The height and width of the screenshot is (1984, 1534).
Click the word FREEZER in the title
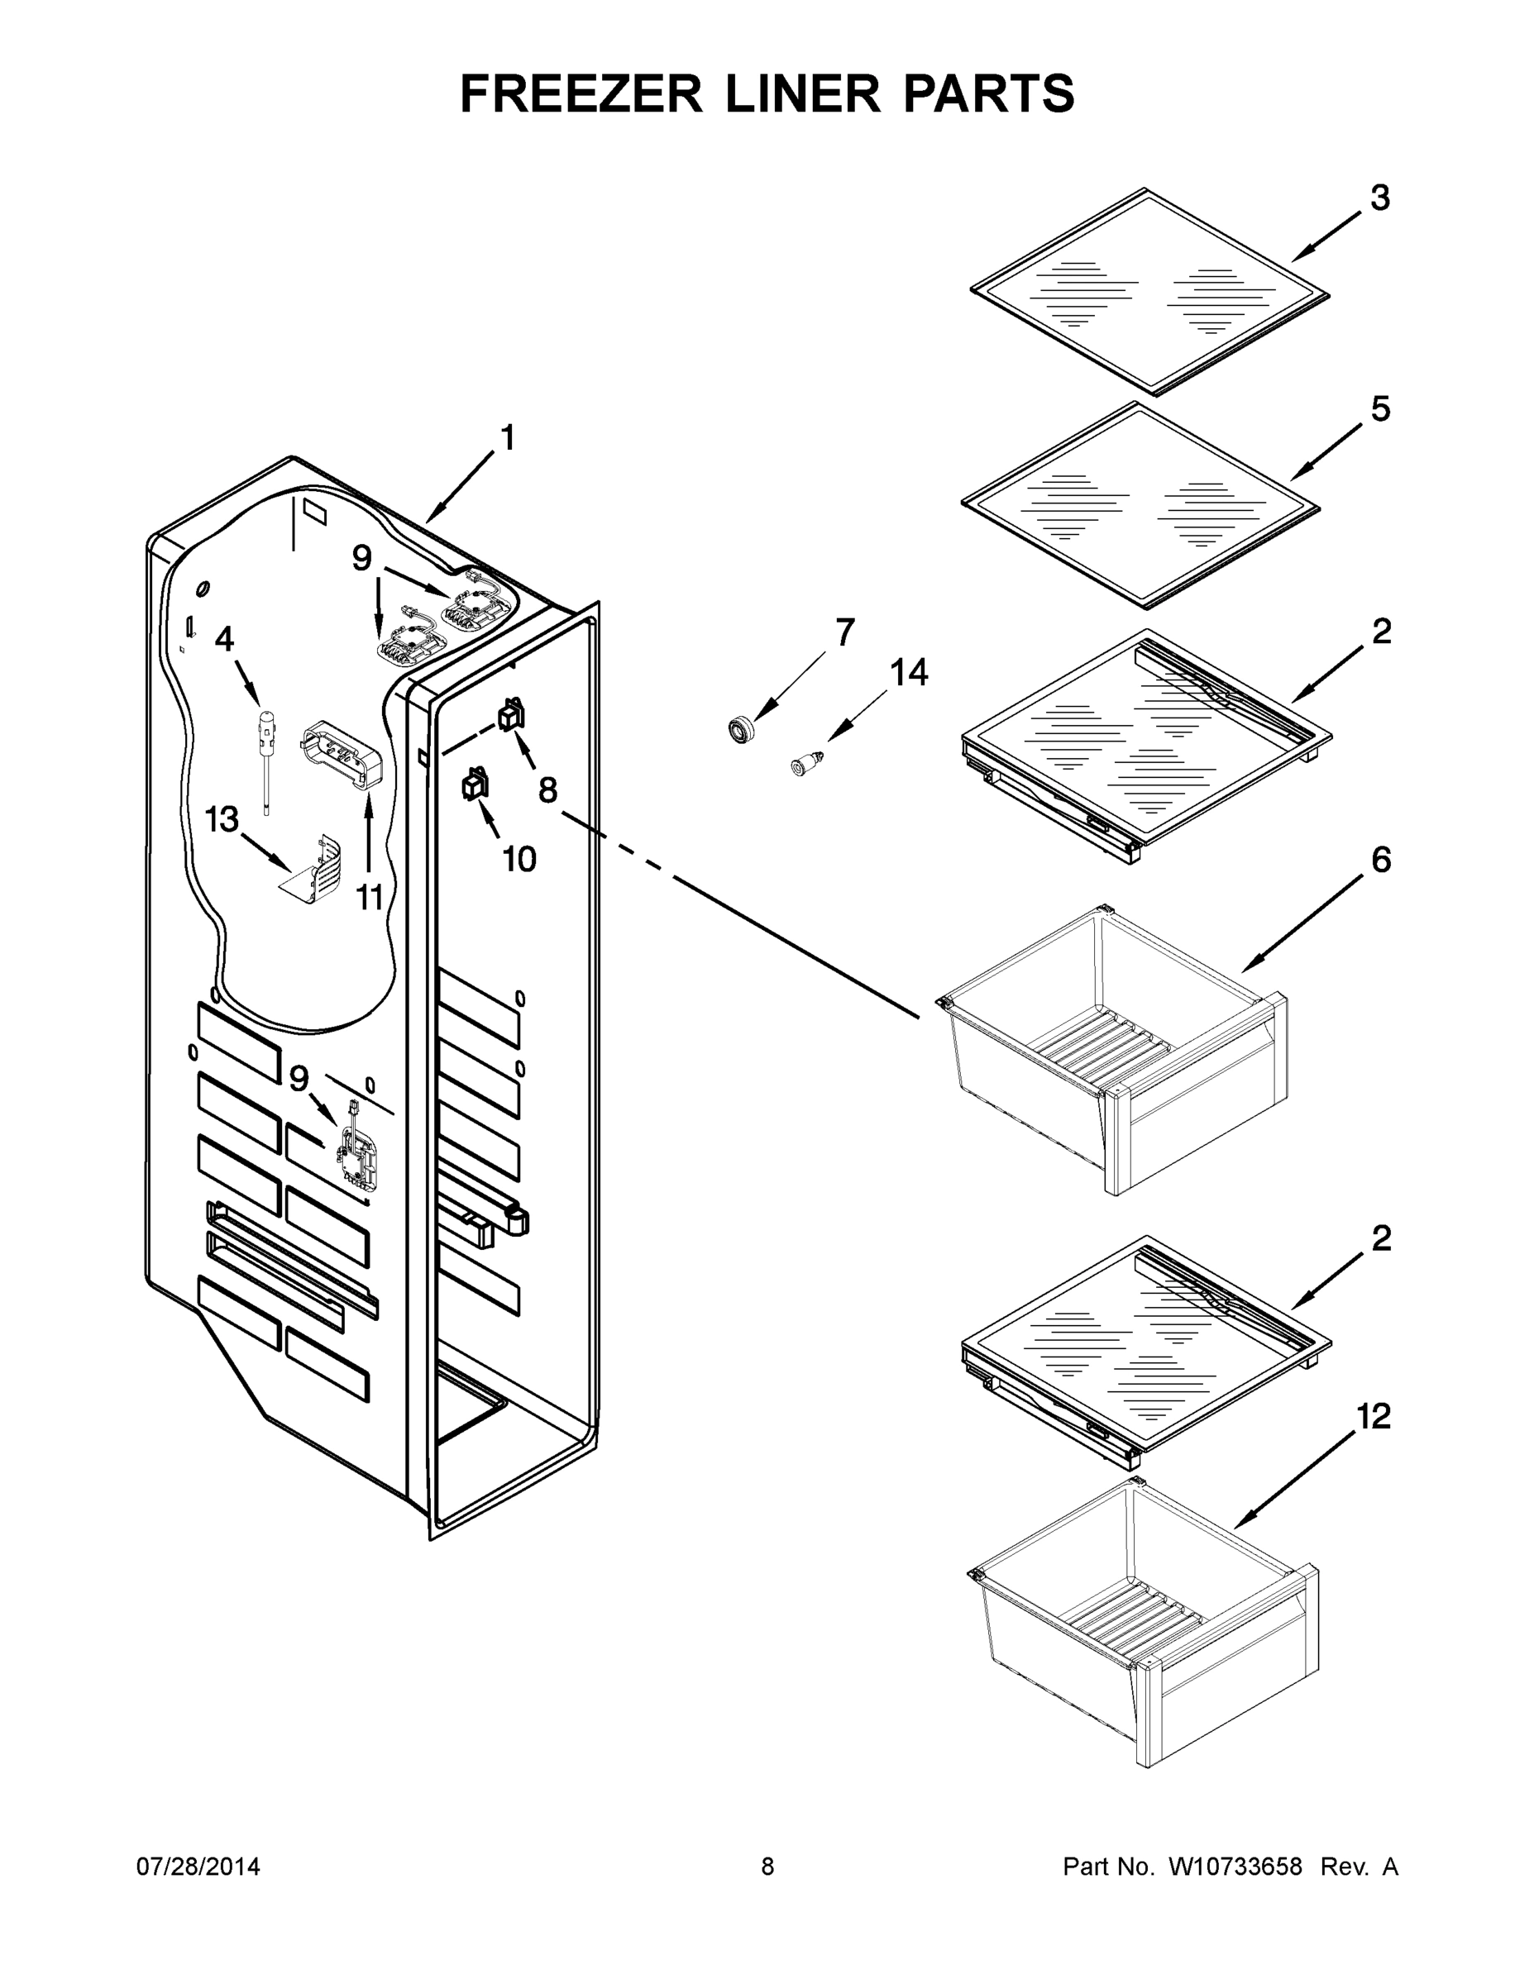point(581,93)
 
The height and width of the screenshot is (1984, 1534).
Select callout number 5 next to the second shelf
point(1379,410)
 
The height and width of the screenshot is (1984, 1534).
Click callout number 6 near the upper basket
point(1380,860)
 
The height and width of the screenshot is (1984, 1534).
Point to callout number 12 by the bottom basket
point(1373,1416)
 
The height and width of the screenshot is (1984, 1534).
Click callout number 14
point(908,673)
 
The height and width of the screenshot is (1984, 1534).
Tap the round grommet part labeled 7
point(743,728)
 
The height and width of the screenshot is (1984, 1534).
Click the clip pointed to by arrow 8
point(511,717)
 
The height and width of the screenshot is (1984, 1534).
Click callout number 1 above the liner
point(507,438)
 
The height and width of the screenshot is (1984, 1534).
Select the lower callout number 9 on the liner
point(299,1078)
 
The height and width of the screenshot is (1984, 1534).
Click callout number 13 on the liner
point(221,819)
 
